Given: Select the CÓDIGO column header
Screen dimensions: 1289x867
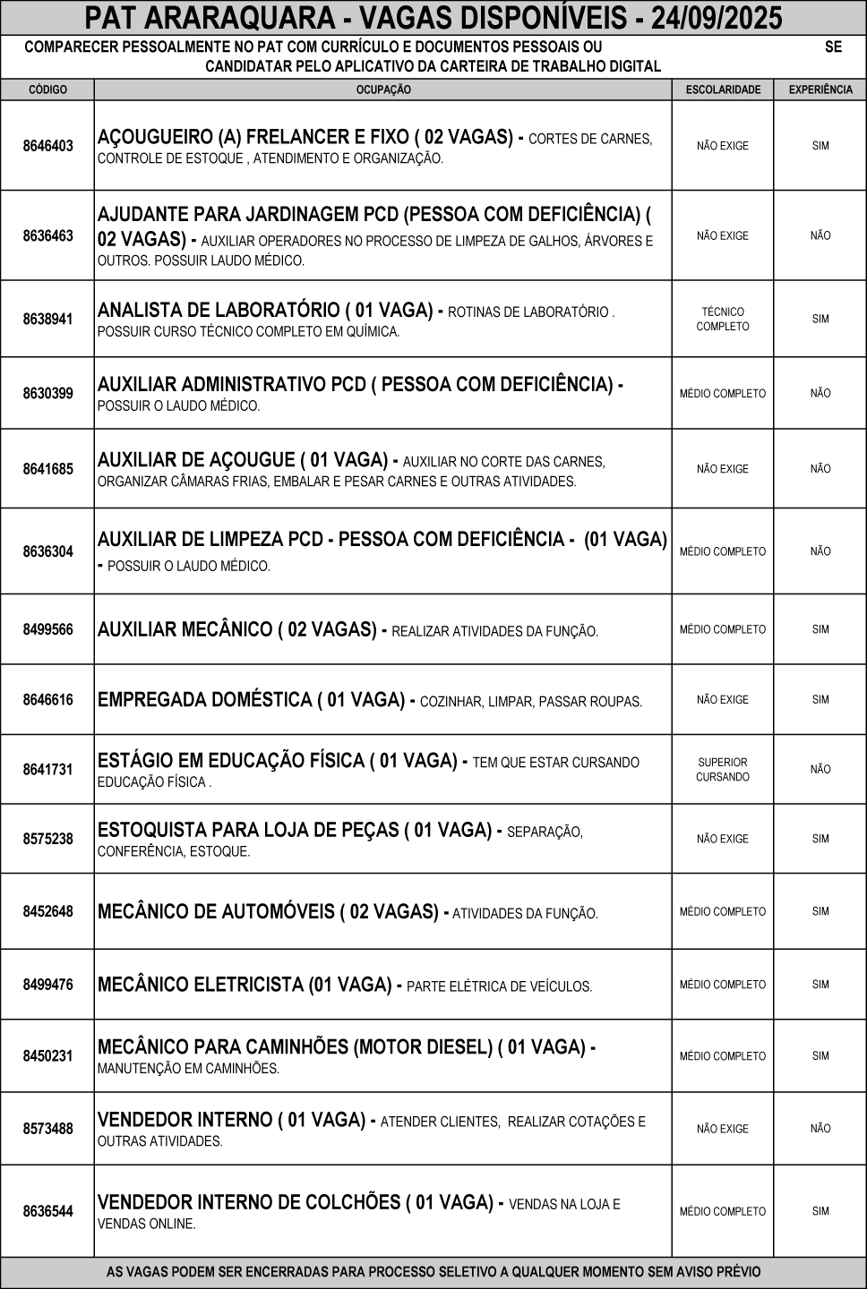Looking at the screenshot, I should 48,90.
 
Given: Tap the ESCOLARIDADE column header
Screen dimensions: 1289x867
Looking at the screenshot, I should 723,90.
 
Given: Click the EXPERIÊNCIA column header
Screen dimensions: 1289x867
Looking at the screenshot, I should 820,90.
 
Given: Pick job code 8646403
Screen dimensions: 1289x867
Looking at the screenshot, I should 48,146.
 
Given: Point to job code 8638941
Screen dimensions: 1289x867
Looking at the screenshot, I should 48,319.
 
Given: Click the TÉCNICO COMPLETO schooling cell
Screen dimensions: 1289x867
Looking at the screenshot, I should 723,320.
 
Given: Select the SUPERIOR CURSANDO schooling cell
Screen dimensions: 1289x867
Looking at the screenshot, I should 723,770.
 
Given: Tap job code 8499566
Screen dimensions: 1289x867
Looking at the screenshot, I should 48,629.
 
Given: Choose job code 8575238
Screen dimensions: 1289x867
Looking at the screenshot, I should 48,839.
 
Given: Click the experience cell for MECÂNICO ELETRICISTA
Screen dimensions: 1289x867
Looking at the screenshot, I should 820,985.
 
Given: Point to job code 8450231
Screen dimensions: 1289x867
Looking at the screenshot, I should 48,1056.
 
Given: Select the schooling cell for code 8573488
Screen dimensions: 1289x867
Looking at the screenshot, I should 723,1129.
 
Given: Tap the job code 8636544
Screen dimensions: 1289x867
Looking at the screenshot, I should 48,1211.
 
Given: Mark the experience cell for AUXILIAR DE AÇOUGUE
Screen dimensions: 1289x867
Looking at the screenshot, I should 820,469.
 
